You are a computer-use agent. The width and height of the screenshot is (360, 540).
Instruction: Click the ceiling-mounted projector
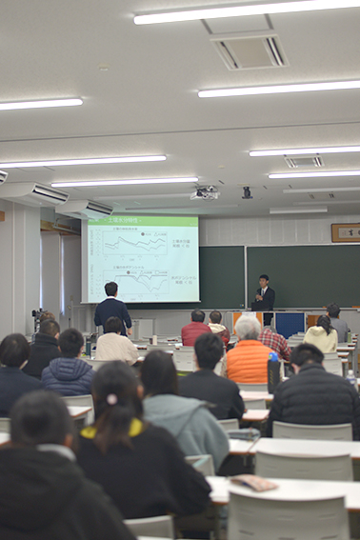point(205,193)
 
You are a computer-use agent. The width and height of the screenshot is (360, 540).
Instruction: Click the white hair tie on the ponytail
point(112,400)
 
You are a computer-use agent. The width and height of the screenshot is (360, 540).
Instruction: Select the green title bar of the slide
point(141,221)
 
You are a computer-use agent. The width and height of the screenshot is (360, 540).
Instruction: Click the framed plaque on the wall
point(345,232)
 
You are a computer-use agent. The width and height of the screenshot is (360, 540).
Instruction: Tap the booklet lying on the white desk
point(252,482)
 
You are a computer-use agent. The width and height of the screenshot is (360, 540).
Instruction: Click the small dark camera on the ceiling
point(247,192)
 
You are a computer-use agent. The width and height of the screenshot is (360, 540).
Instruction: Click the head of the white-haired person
point(248,327)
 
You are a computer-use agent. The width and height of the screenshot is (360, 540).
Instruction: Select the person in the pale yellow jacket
point(321,335)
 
